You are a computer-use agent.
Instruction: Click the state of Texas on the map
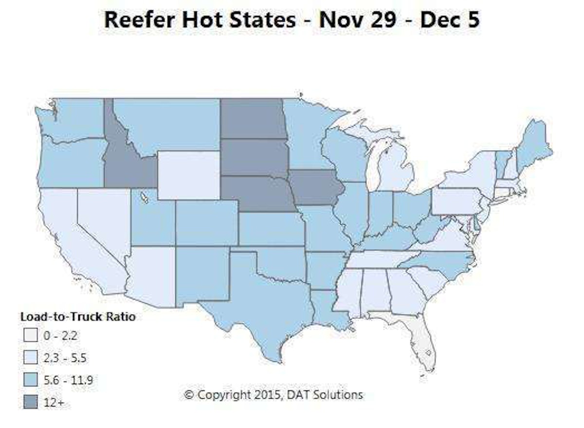point(263,302)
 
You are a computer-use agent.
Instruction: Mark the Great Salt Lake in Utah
point(145,198)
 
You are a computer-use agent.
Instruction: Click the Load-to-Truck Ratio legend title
point(77,316)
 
